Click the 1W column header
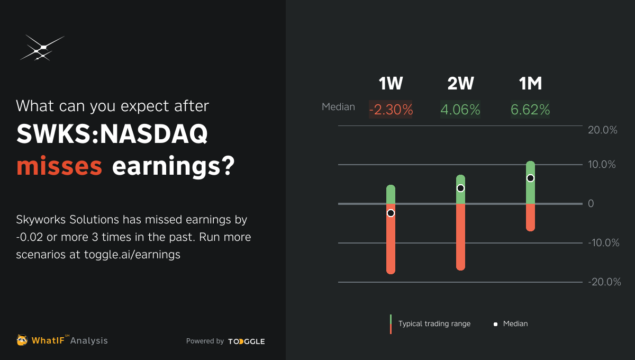(391, 84)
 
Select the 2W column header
(460, 84)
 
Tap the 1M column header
(530, 84)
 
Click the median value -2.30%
(391, 110)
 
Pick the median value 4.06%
(460, 110)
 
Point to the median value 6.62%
(530, 110)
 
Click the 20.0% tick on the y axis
(603, 130)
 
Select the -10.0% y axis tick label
(603, 243)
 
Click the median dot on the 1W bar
(391, 213)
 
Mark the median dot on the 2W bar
(460, 188)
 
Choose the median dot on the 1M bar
(530, 178)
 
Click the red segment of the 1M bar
(530, 218)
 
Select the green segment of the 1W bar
(391, 194)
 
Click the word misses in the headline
(59, 166)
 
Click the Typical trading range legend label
(434, 323)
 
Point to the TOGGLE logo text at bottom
(247, 341)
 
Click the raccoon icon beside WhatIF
(22, 340)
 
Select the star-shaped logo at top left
(42, 48)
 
